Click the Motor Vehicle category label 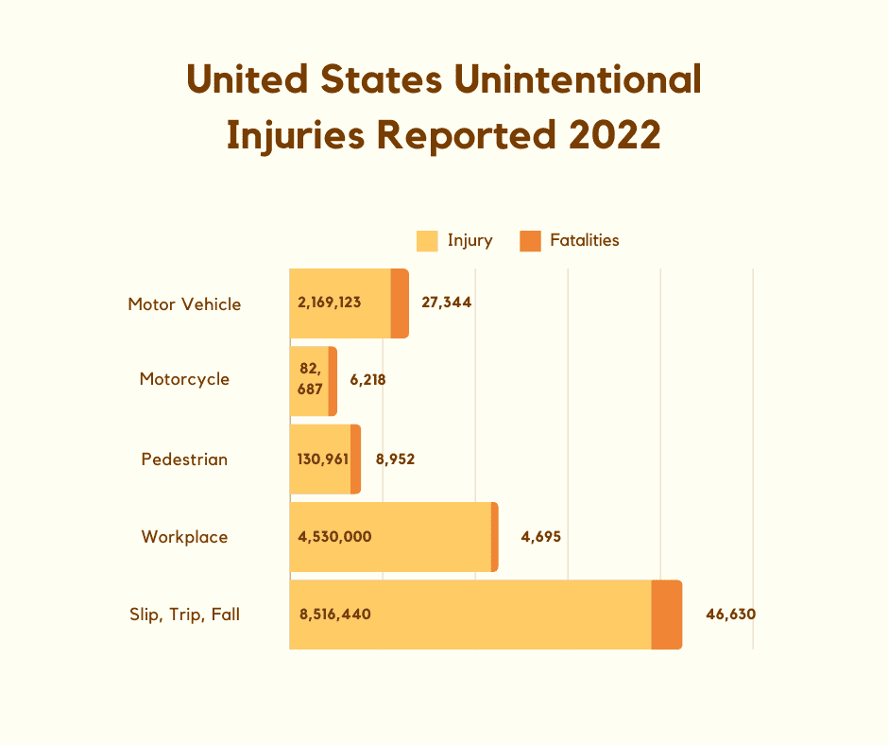click(x=184, y=304)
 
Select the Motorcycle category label click(x=184, y=379)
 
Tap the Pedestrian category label click(x=184, y=459)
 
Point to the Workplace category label click(x=184, y=537)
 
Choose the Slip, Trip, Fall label click(x=184, y=615)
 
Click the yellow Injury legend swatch click(x=427, y=241)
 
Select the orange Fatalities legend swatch click(x=530, y=241)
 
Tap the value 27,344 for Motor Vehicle click(x=447, y=303)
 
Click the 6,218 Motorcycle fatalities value click(x=367, y=380)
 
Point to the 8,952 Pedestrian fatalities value click(x=395, y=459)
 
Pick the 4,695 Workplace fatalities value click(x=541, y=537)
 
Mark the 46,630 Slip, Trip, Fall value click(x=730, y=615)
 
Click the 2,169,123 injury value click(x=329, y=303)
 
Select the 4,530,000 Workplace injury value click(x=334, y=537)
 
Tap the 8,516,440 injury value click(x=334, y=615)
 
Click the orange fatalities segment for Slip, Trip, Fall click(x=667, y=615)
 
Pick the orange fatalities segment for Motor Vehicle click(x=400, y=303)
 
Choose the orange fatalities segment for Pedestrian click(x=355, y=459)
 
